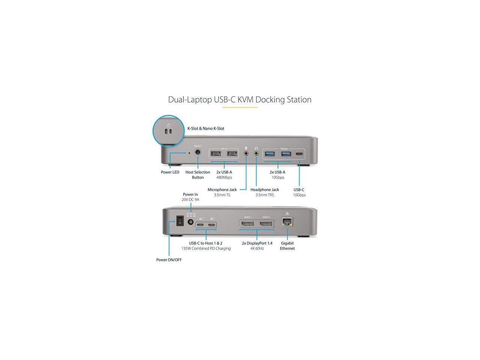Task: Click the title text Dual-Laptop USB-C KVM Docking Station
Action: click(x=240, y=100)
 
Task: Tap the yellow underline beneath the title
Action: click(x=240, y=108)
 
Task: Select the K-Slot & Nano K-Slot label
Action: click(x=205, y=129)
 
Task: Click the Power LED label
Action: click(x=170, y=172)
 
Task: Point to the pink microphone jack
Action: click(x=246, y=153)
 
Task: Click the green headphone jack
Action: click(x=256, y=153)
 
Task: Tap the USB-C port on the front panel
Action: click(x=299, y=154)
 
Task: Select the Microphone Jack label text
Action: click(x=222, y=190)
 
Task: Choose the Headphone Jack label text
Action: click(x=265, y=190)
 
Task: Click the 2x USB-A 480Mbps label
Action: click(x=224, y=175)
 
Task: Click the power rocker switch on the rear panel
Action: click(x=180, y=220)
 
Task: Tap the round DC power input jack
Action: click(x=190, y=222)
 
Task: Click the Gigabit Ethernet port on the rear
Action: click(x=287, y=222)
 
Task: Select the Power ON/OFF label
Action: click(x=169, y=260)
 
